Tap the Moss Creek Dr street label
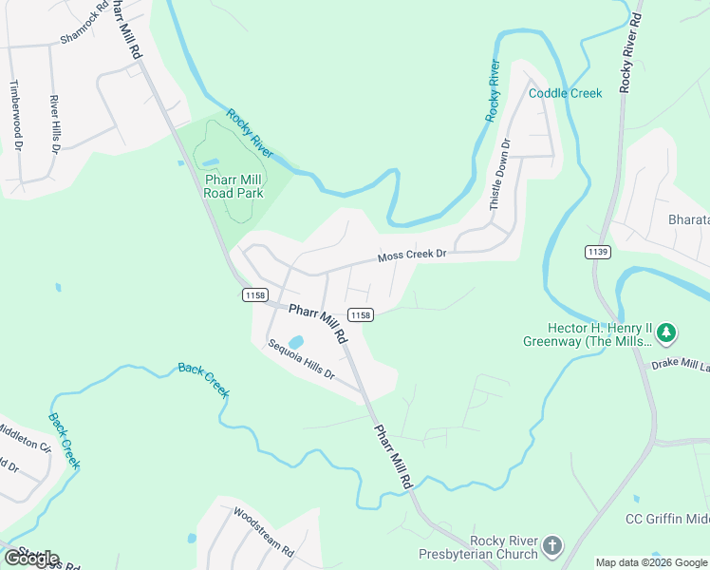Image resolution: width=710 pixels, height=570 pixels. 412,256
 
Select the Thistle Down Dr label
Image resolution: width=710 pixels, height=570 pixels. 500,175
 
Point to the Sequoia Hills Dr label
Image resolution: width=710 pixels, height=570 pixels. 302,359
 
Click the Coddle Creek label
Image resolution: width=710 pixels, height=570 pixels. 565,93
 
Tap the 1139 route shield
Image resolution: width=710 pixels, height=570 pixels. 597,251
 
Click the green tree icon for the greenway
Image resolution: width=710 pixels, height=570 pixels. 667,332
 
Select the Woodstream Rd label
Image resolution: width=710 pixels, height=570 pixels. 264,530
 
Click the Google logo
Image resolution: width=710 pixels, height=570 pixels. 31,559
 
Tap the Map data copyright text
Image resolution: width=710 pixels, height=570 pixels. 652,562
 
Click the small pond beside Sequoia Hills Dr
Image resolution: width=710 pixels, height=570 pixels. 295,342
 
